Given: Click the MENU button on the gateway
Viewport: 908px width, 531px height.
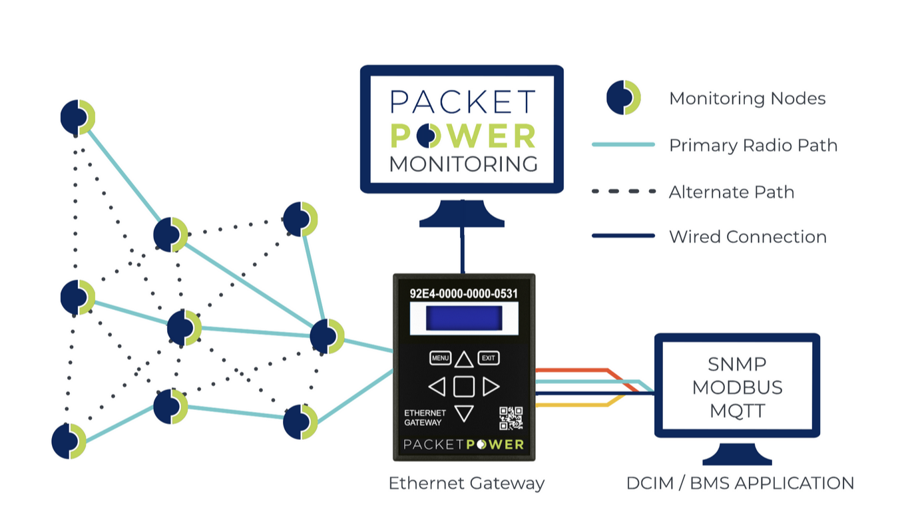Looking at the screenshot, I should (440, 358).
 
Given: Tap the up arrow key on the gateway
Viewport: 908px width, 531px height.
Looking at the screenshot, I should (464, 360).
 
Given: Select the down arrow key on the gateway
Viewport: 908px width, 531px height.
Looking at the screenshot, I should (464, 413).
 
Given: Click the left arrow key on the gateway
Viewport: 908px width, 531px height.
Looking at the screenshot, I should (437, 387).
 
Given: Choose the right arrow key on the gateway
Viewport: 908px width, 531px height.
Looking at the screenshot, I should (491, 387).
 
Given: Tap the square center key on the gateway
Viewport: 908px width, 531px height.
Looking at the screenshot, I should (464, 387).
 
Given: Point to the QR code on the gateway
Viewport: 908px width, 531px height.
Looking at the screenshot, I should (511, 418).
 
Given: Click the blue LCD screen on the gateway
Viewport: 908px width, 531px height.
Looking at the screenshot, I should (463, 317).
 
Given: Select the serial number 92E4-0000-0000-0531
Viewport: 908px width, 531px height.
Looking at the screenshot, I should (463, 293).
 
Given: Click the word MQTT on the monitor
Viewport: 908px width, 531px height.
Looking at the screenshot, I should (737, 411).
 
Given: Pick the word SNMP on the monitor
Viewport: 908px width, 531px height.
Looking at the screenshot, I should (737, 364).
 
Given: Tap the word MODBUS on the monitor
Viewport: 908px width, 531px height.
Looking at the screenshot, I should (737, 387).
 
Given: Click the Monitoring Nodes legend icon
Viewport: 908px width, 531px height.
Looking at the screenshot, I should (623, 98).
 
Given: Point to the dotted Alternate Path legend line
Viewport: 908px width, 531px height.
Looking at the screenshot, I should (623, 192).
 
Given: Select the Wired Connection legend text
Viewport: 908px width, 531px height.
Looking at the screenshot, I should (748, 237).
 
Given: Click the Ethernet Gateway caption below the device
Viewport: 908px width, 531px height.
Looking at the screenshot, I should (466, 483).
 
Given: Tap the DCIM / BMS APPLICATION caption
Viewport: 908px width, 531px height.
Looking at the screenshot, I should (740, 483).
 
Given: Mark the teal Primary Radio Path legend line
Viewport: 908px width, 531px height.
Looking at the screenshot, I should (623, 144).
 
